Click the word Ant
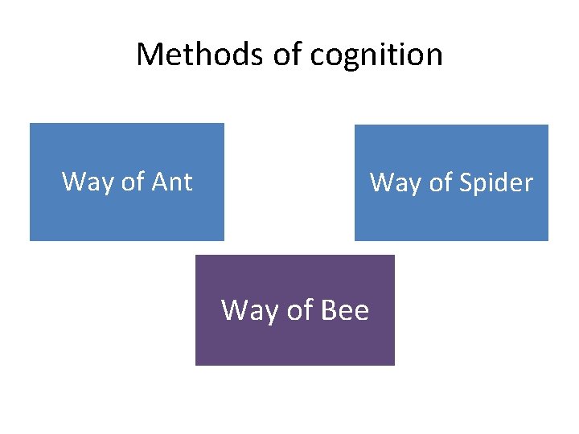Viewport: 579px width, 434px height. (x=172, y=182)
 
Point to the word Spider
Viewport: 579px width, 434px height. (x=495, y=183)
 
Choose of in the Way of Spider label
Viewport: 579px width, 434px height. (x=440, y=183)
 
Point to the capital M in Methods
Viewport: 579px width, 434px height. (x=149, y=55)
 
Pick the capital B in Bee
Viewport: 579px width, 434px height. (x=330, y=309)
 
